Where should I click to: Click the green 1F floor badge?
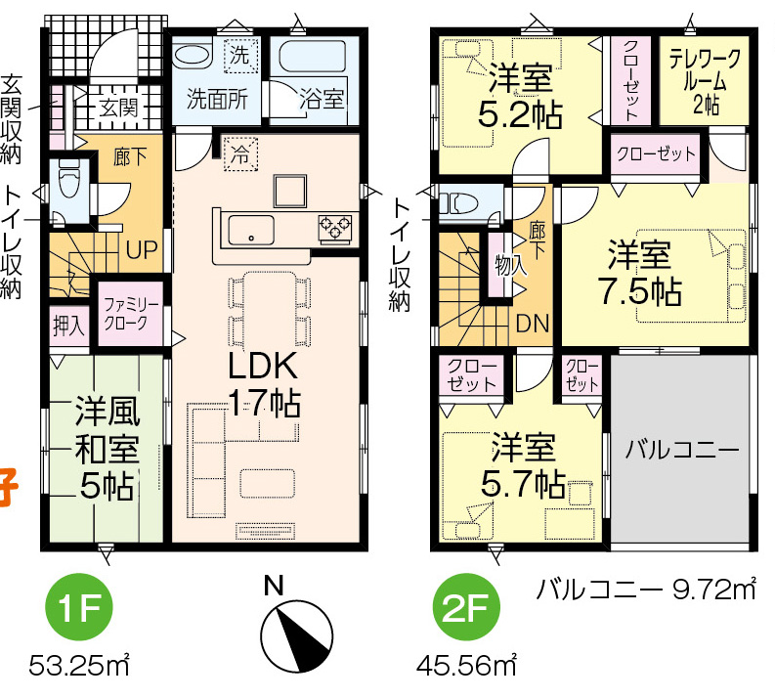coord(79,607)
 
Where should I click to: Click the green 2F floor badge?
coord(466,607)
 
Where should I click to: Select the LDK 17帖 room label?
coord(263,384)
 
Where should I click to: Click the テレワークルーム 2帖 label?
coord(706,81)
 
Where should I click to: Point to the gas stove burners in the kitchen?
coord(335,228)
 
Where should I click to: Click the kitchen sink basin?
coord(251,230)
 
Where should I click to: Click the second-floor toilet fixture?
coord(458,203)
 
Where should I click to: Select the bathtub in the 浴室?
coord(313,58)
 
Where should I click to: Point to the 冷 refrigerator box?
coord(240,154)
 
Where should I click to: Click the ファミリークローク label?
coord(130,314)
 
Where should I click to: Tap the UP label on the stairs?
coord(142,250)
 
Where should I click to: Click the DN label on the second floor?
coord(533,324)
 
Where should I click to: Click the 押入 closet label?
coord(69,327)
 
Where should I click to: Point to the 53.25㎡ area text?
coord(79,666)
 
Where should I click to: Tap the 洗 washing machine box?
coord(239,55)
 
